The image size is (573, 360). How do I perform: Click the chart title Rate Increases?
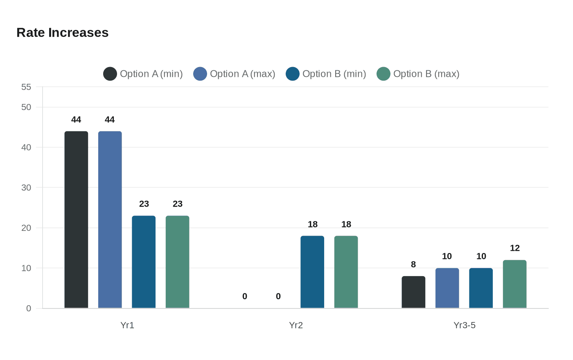62,33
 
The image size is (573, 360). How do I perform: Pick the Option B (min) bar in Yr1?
144,262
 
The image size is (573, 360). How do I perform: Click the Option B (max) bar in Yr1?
177,262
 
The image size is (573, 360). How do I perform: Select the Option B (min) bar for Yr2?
312,272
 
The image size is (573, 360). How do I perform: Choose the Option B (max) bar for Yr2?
346,272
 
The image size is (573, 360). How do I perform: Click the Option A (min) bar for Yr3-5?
413,292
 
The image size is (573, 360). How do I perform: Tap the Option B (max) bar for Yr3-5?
514,284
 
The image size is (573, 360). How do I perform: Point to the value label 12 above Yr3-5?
514,248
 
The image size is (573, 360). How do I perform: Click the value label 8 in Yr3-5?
413,264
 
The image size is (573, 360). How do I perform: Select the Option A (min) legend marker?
110,74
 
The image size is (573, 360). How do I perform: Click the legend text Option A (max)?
242,74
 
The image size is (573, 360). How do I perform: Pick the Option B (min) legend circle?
293,74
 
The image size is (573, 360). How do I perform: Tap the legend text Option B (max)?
426,74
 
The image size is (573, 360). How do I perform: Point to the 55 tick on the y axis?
26,87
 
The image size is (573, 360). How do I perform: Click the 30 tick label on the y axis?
26,187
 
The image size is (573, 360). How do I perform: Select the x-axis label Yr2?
296,325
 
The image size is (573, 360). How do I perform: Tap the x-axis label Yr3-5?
464,325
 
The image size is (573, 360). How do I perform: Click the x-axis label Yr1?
127,325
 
